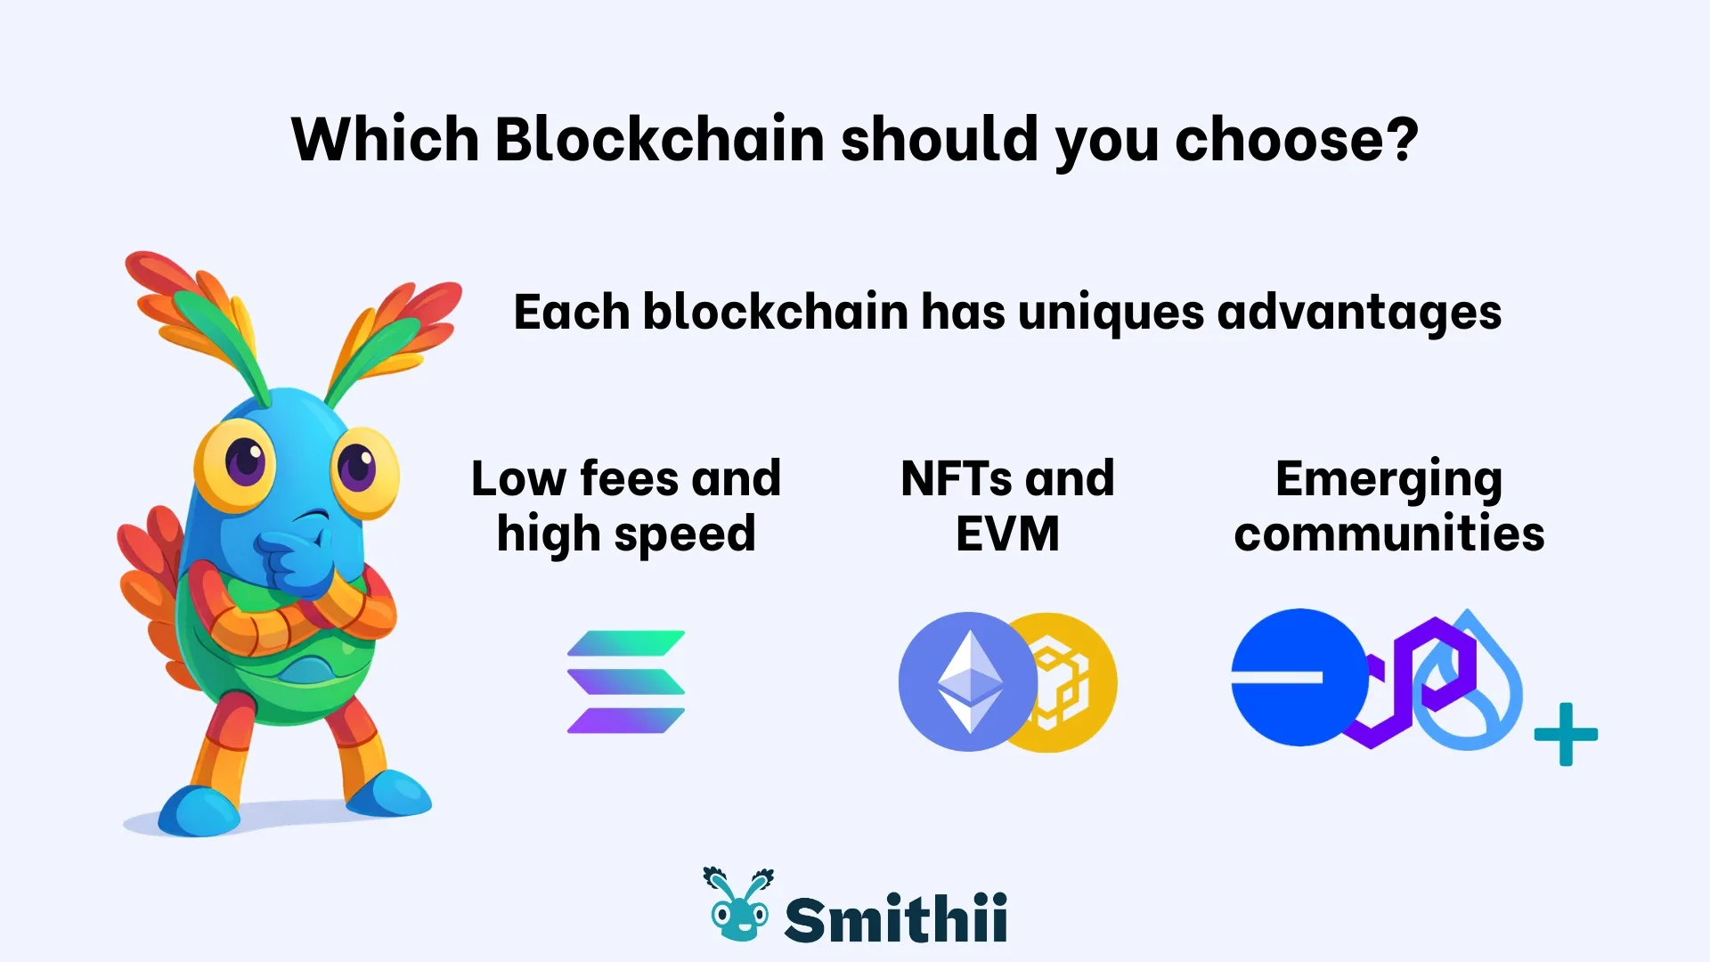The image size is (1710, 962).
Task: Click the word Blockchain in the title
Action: tap(659, 140)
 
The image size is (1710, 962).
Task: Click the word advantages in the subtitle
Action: tap(1359, 313)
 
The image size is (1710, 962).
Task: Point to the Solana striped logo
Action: tap(626, 682)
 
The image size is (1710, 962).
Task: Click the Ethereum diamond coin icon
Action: tap(967, 681)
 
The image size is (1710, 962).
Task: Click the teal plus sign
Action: tap(1566, 735)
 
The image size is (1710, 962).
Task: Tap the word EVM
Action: tap(1007, 534)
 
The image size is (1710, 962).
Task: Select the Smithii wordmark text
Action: tap(895, 918)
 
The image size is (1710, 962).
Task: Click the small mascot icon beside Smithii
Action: tap(737, 906)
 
